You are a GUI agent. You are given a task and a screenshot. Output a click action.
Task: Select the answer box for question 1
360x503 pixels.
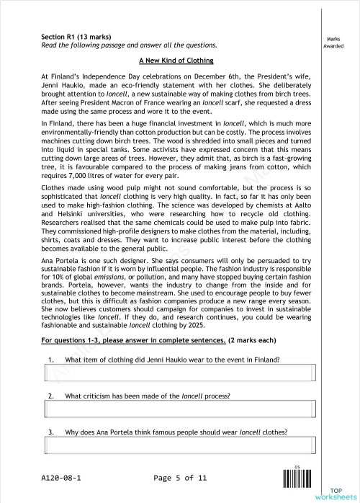coord(180,373)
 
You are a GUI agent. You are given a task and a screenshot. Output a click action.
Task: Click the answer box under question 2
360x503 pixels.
coord(180,409)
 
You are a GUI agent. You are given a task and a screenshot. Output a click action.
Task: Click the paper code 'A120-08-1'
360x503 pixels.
coord(61,478)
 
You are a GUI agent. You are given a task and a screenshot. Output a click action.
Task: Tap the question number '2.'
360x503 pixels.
coord(51,396)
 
